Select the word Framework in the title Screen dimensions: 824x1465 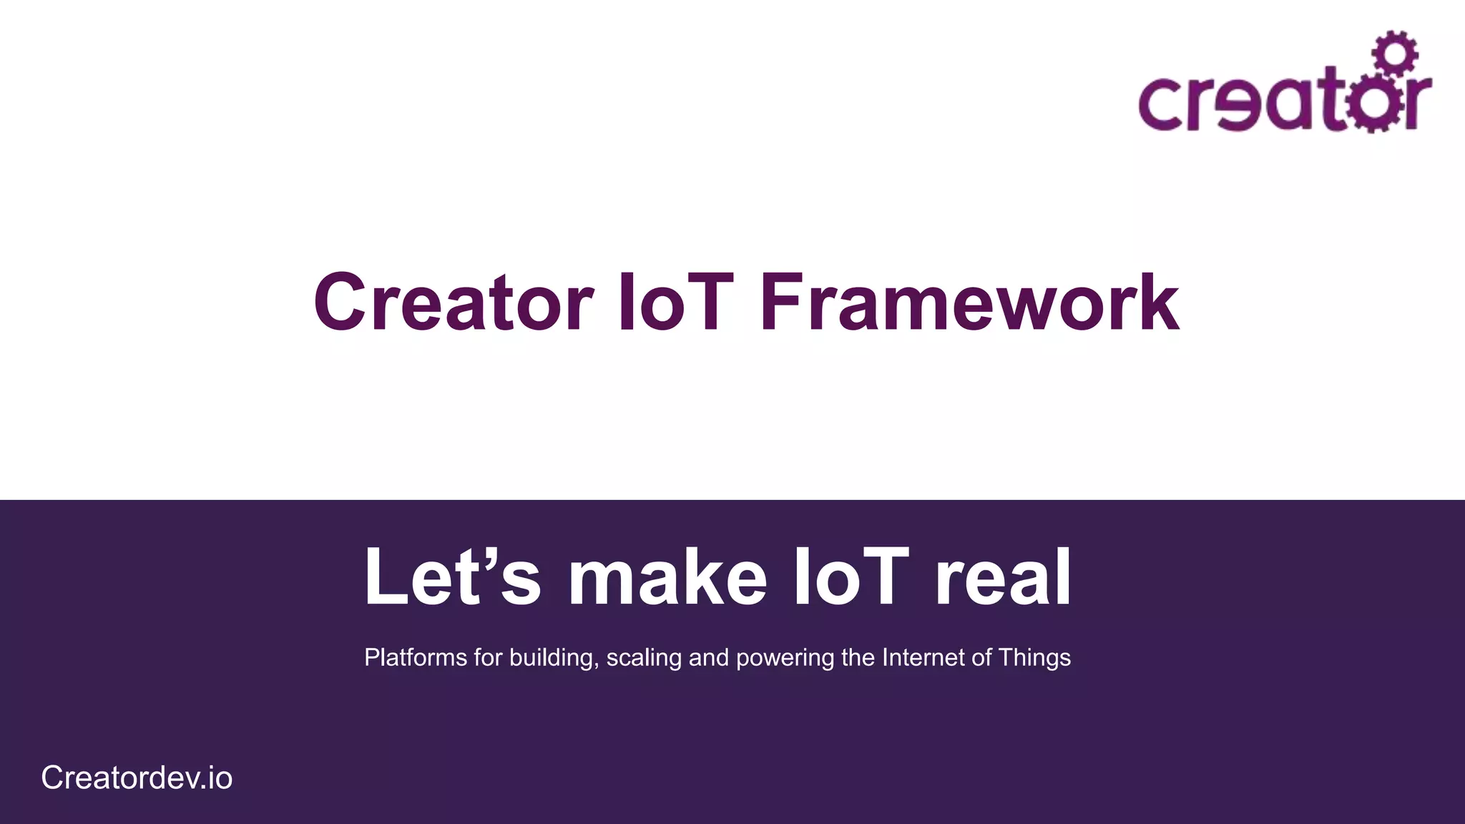point(969,303)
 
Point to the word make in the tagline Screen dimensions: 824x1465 point(667,578)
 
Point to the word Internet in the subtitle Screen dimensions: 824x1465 point(923,657)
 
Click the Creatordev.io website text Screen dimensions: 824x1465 point(137,778)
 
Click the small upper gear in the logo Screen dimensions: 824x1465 point(1394,52)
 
